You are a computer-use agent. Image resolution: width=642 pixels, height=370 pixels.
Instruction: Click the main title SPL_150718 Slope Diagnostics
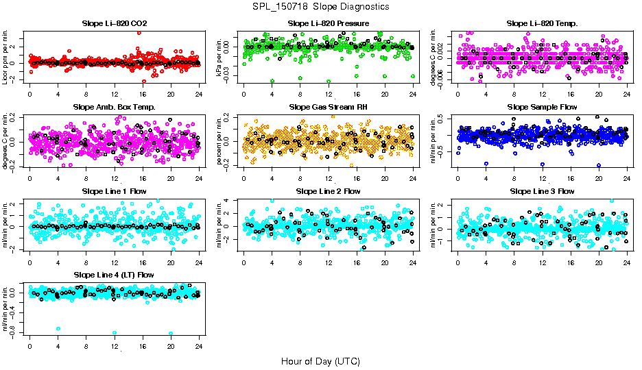320,6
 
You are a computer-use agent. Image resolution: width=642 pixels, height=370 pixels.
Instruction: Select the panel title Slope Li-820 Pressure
329,24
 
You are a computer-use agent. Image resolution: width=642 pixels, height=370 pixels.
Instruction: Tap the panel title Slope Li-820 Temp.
542,24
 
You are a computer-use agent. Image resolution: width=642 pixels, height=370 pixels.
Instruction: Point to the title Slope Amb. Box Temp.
115,108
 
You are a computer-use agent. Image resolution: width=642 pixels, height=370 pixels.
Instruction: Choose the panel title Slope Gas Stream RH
329,108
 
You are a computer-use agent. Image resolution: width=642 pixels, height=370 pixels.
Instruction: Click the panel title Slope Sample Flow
542,108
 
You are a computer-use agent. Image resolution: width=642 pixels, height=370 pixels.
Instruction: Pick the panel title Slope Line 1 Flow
115,191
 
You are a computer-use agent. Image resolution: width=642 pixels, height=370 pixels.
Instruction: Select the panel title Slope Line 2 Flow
329,191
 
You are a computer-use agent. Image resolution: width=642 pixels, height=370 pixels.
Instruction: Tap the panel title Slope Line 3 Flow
542,191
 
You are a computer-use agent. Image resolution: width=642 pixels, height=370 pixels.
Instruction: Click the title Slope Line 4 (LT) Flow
115,275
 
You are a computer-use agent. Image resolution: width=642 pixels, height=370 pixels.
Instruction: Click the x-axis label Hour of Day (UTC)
320,360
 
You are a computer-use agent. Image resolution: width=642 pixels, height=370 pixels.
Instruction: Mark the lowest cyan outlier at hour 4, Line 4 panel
58,329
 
